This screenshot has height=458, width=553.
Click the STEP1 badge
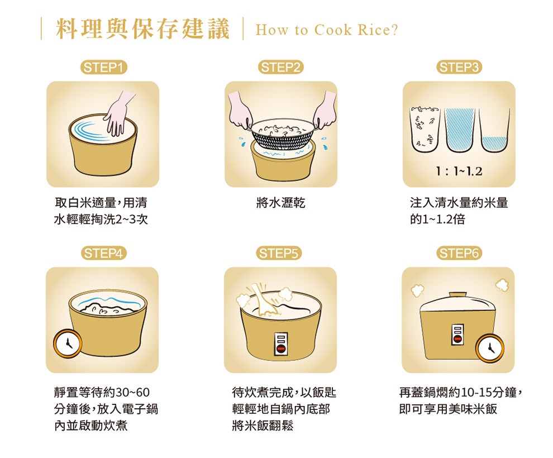click(x=103, y=68)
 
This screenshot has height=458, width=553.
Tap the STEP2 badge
click(x=281, y=68)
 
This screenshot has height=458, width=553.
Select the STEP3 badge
click(x=459, y=68)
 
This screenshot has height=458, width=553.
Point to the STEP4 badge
click(x=103, y=253)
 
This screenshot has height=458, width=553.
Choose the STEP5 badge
click(x=279, y=253)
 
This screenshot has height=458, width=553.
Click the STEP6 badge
click(x=459, y=253)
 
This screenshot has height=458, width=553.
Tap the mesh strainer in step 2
click(x=282, y=134)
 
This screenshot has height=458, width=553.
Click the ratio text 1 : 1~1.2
click(x=459, y=171)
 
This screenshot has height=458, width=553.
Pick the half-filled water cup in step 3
click(x=495, y=131)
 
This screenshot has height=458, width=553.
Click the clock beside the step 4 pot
click(x=68, y=344)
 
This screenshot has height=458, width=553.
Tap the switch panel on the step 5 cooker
click(x=281, y=344)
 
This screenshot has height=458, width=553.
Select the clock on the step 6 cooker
click(x=490, y=348)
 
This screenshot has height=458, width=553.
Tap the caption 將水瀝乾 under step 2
click(x=281, y=203)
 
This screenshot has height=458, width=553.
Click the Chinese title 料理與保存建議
click(x=143, y=29)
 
